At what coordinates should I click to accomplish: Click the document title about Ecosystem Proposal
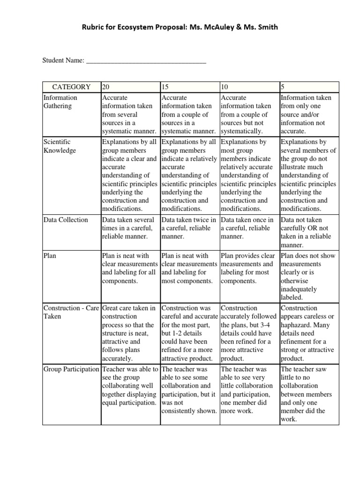click(180, 27)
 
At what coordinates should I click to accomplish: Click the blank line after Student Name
click(146, 60)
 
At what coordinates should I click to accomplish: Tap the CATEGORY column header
click(71, 87)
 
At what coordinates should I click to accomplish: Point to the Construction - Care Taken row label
click(70, 312)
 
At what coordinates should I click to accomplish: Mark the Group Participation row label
click(71, 369)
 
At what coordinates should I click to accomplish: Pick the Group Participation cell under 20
click(130, 386)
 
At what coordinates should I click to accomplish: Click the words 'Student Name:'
click(63, 60)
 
